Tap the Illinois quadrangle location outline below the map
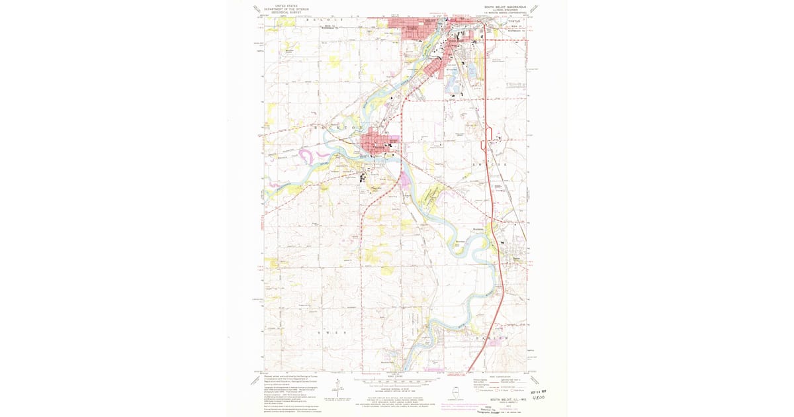coord(456,393)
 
